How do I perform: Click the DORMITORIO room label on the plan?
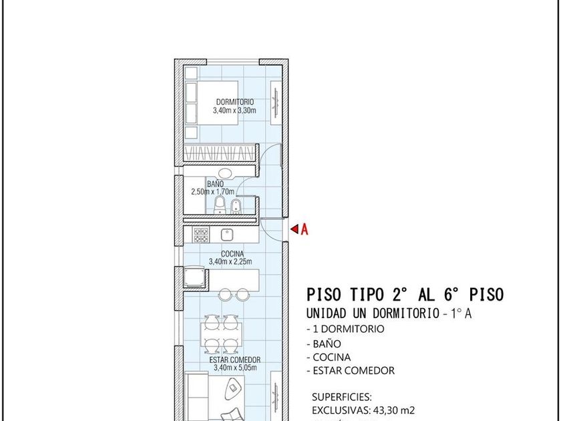pos(234,102)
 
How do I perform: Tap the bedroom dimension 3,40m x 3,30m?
pos(234,110)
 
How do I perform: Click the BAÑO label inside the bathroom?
pos(215,184)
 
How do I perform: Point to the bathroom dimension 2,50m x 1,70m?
pos(212,192)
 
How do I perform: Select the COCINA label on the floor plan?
pos(232,254)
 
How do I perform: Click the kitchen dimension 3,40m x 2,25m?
pos(230,262)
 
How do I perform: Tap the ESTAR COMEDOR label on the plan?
pos(234,360)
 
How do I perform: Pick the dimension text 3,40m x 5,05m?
pos(235,368)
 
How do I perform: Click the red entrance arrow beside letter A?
pos(295,229)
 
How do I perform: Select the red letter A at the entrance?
pos(304,229)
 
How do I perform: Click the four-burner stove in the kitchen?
pos(201,235)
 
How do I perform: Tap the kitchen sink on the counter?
pos(227,235)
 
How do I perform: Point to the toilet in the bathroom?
pos(220,205)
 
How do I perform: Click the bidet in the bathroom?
pos(235,206)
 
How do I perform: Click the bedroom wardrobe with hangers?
pos(220,153)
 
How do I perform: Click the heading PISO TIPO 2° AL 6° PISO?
pos(405,295)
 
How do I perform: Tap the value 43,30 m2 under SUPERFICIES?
pos(394,410)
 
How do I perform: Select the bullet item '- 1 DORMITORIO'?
pos(346,329)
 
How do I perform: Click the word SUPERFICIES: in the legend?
pos(342,397)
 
